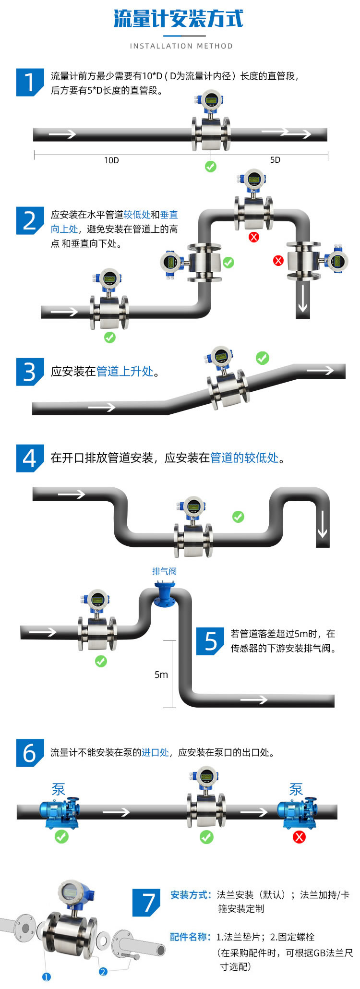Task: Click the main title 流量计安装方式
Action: point(179,19)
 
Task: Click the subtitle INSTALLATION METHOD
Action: point(181,46)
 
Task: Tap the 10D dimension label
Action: point(111,160)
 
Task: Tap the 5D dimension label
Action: point(275,160)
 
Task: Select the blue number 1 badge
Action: point(29,82)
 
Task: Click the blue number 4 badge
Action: point(29,458)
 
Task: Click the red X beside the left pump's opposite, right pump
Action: point(299,837)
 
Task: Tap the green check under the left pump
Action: point(61,837)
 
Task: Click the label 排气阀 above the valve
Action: point(164,571)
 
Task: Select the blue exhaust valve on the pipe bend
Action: point(164,595)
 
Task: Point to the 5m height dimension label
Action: point(161,675)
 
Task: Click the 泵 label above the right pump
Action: point(296,789)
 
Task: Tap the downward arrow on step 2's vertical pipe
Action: point(302,298)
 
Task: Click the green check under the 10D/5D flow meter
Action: point(211,167)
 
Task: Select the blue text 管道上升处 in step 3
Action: point(125,371)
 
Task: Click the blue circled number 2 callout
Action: point(103,972)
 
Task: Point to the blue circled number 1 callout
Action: point(47,977)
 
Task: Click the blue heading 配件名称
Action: point(190,937)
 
